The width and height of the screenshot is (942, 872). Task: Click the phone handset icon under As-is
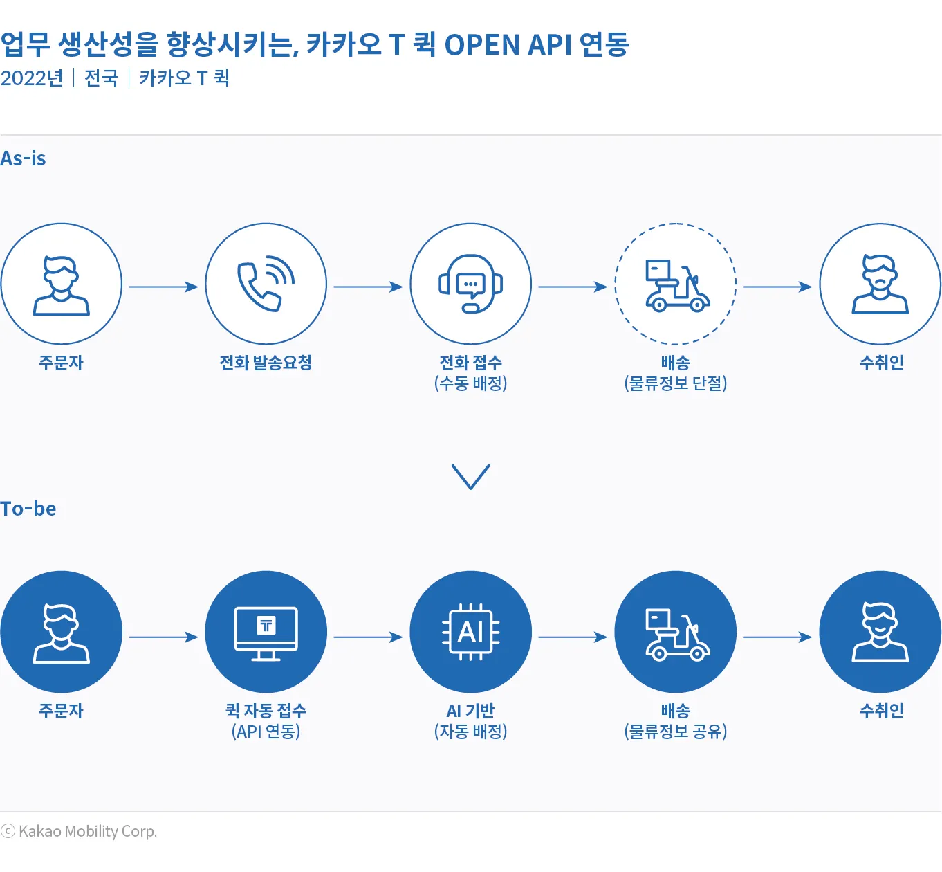click(x=266, y=284)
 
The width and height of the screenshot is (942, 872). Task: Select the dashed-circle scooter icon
click(x=676, y=284)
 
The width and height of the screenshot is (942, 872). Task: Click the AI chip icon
click(x=471, y=633)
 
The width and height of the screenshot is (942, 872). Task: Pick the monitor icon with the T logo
click(x=266, y=633)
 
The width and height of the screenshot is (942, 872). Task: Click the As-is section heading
click(x=24, y=158)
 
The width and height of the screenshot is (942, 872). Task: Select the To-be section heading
click(x=28, y=509)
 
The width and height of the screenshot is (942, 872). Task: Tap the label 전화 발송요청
click(x=266, y=363)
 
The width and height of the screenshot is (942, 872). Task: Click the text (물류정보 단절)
click(x=676, y=383)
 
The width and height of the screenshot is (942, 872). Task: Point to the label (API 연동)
click(x=266, y=732)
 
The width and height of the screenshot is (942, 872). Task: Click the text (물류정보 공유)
click(x=676, y=732)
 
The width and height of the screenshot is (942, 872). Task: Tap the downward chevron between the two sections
click(x=471, y=476)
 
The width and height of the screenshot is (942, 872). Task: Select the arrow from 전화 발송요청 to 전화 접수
click(x=368, y=287)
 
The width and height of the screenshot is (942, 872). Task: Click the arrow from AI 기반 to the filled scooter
click(x=573, y=637)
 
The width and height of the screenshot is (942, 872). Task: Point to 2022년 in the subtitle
click(x=32, y=78)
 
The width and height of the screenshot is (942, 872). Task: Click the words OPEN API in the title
click(x=508, y=45)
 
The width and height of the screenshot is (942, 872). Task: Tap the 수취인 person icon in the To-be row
click(x=880, y=633)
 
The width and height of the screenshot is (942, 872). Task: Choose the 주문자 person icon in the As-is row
click(x=62, y=284)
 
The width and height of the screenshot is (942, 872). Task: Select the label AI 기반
click(x=471, y=711)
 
